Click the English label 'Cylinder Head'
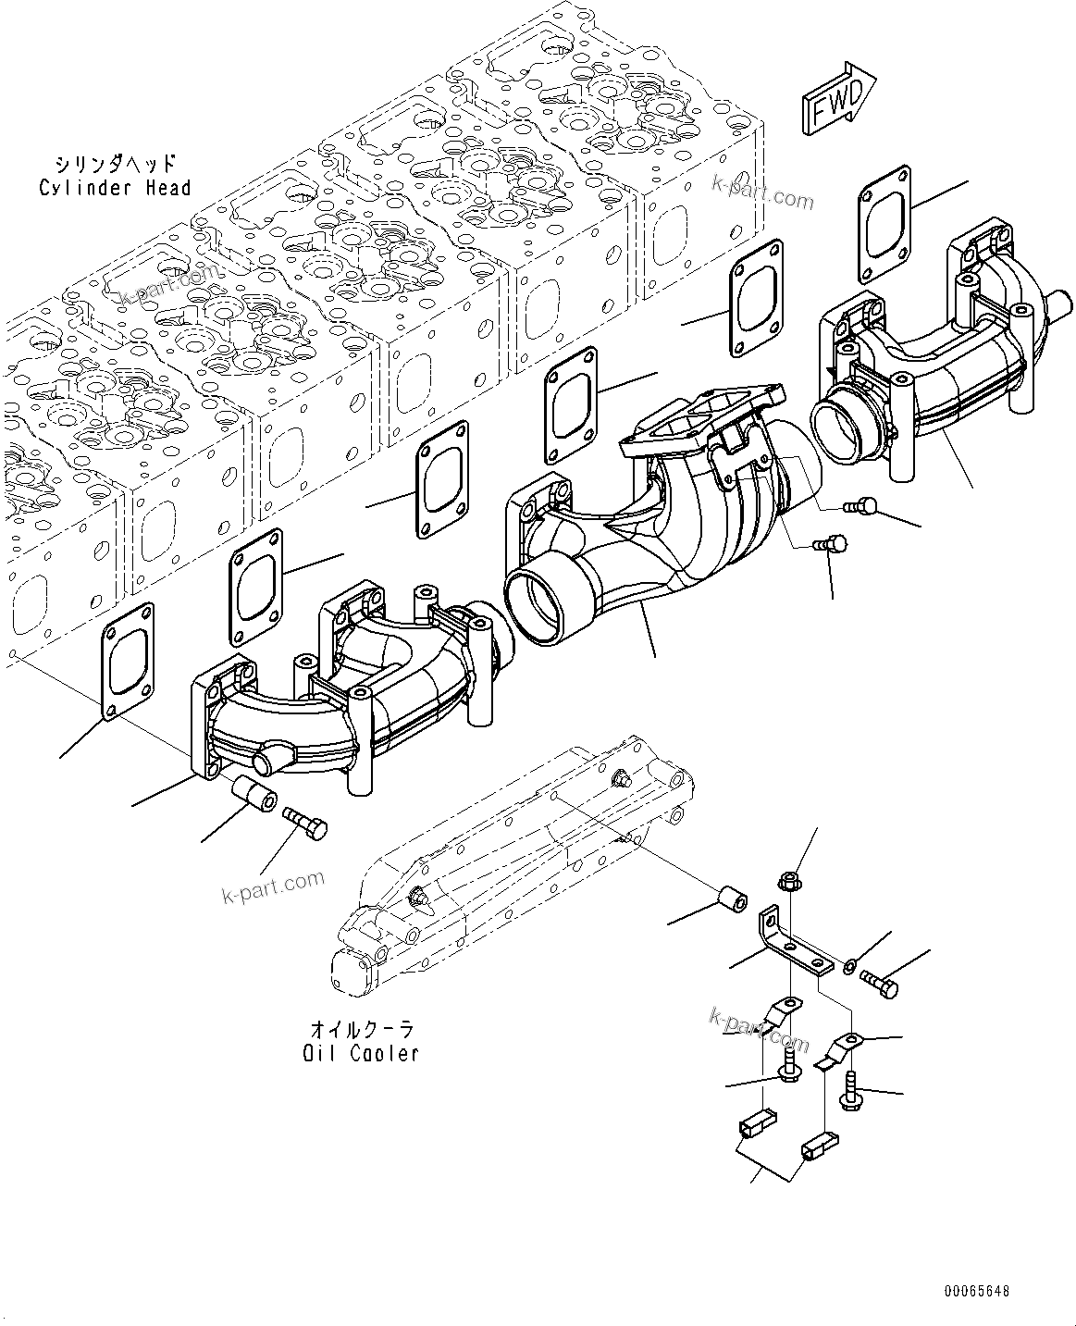click(115, 188)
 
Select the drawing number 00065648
click(977, 1291)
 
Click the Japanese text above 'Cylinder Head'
click(114, 165)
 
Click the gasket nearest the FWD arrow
click(884, 222)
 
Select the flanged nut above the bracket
click(789, 882)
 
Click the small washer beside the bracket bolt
click(848, 967)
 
